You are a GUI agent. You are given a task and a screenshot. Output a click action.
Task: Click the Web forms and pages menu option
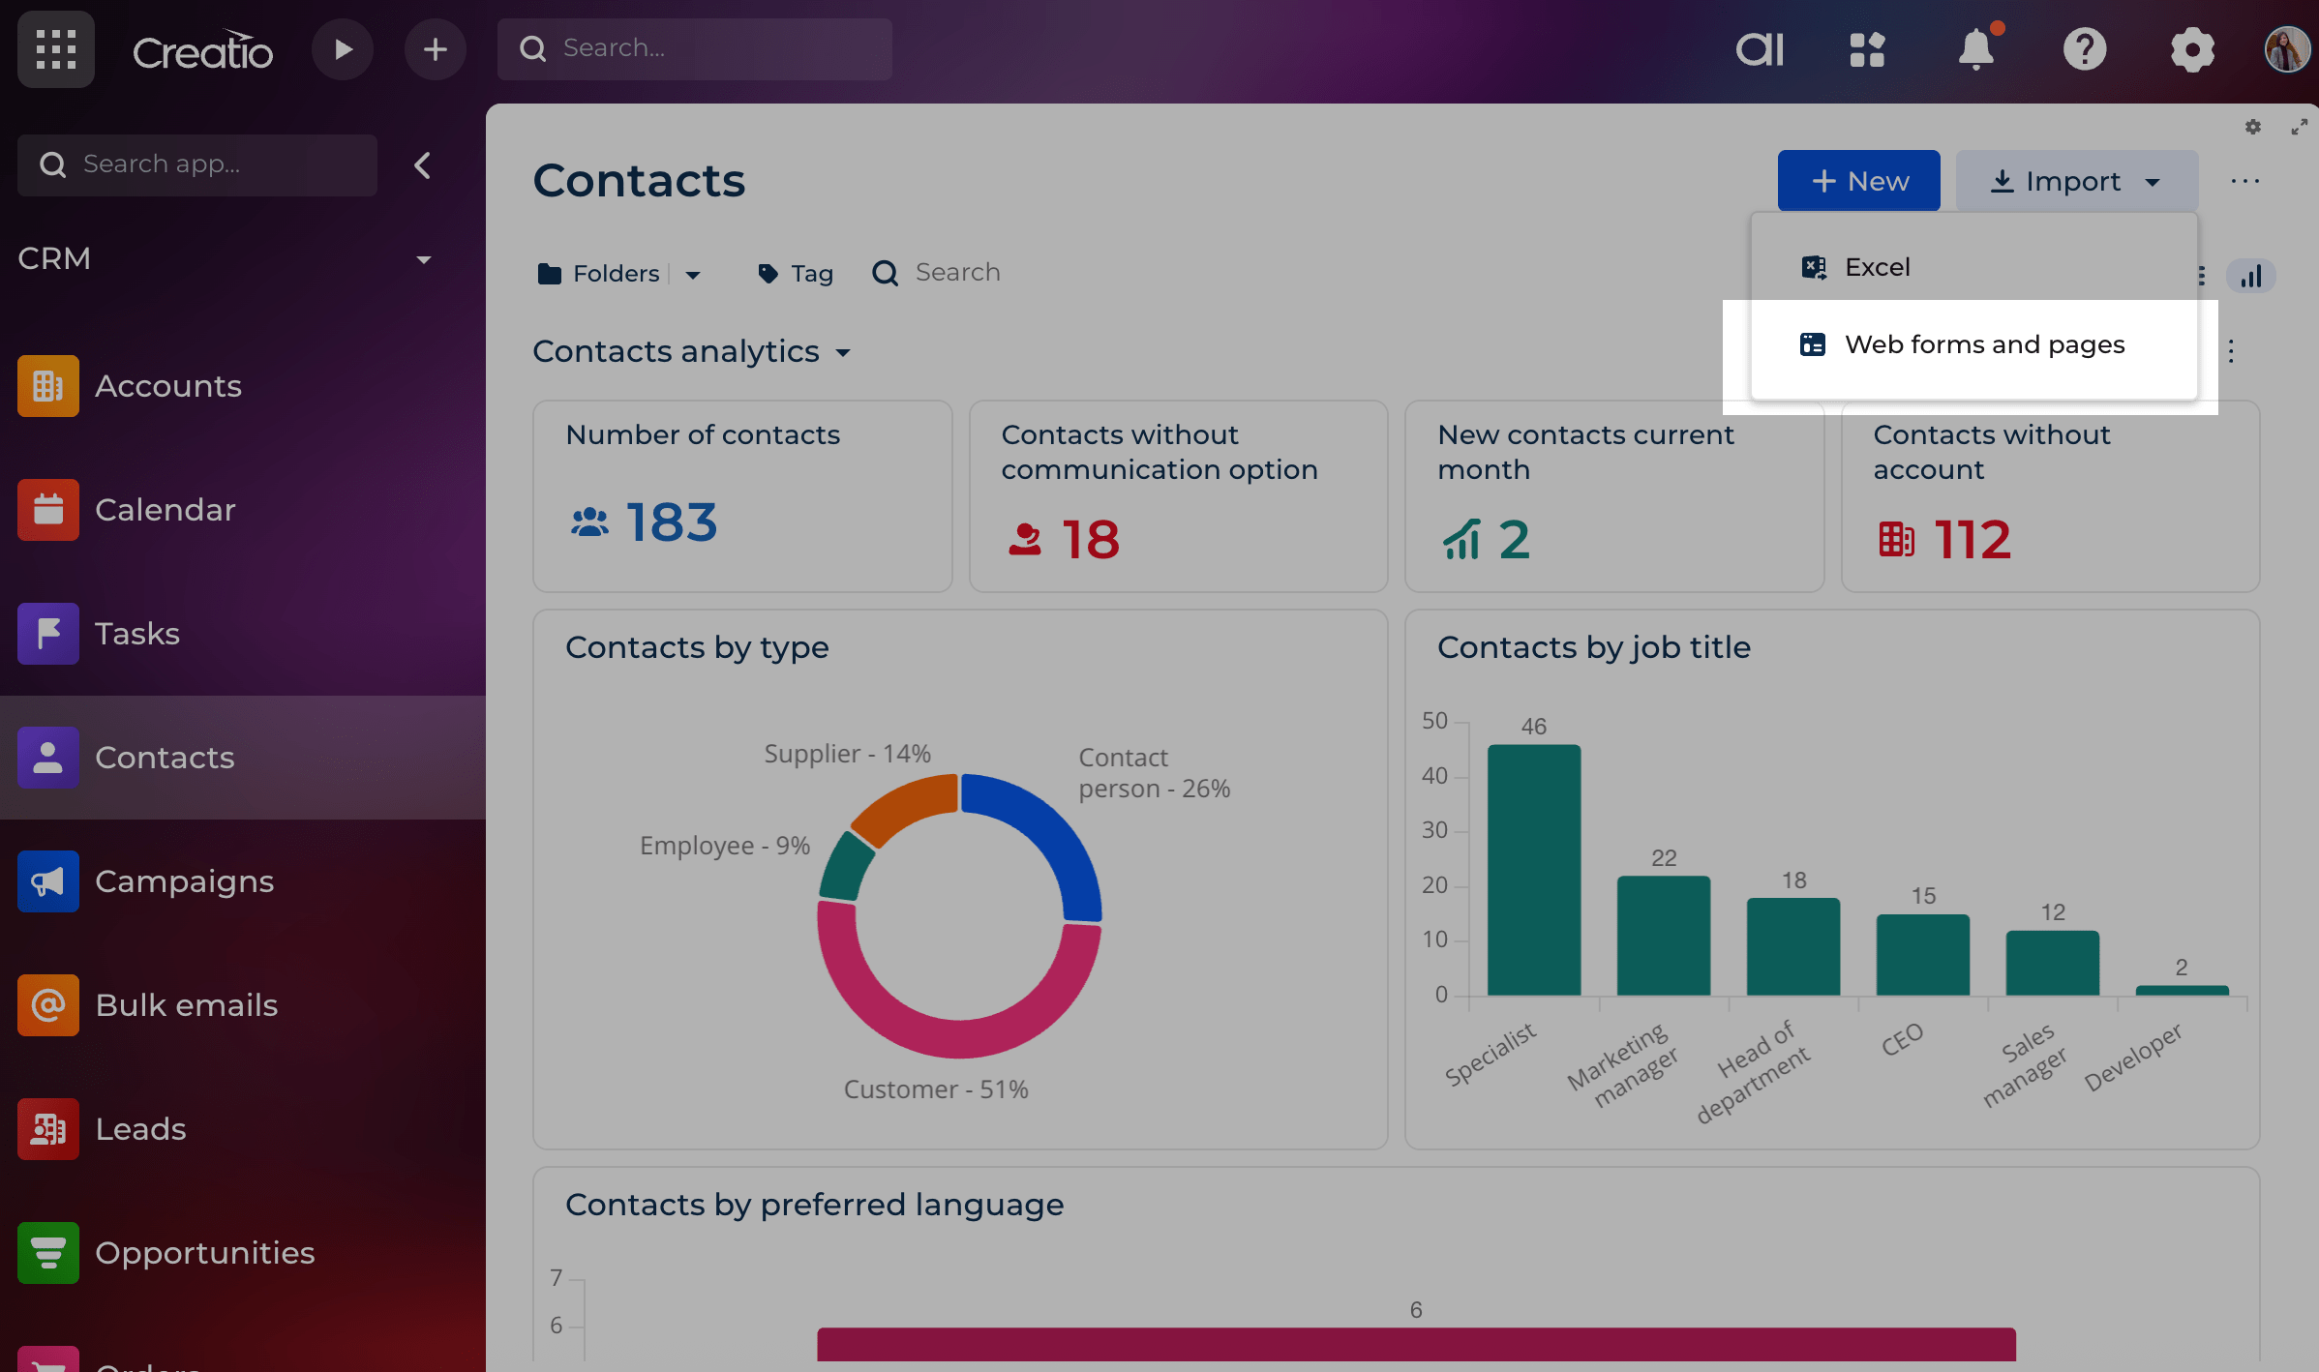pyautogui.click(x=1983, y=345)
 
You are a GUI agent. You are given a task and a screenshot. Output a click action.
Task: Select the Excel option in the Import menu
pyautogui.click(x=1876, y=268)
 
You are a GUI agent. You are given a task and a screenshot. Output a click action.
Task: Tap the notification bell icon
pyautogui.click(x=1975, y=49)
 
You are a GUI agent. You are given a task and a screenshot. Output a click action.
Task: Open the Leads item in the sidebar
pyautogui.click(x=140, y=1129)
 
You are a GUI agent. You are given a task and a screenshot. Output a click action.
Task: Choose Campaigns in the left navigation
pyautogui.click(x=184, y=881)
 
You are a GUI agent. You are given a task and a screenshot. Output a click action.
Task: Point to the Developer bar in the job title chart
pyautogui.click(x=2182, y=990)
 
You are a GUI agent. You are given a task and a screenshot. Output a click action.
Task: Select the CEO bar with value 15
pyautogui.click(x=1922, y=954)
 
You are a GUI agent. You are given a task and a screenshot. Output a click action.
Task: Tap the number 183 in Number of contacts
pyautogui.click(x=671, y=522)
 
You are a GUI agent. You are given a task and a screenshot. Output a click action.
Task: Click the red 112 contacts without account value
pyautogui.click(x=1972, y=540)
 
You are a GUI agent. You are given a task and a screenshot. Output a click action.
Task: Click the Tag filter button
pyautogui.click(x=796, y=274)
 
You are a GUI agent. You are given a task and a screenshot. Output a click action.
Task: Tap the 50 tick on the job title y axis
pyautogui.click(x=1434, y=721)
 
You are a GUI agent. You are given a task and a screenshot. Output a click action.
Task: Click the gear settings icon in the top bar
pyautogui.click(x=2191, y=49)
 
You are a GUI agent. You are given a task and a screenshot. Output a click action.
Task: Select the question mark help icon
pyautogui.click(x=2084, y=49)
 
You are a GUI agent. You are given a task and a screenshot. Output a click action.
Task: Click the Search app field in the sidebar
pyautogui.click(x=197, y=164)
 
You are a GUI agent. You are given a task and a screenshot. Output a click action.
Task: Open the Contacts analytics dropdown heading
pyautogui.click(x=691, y=352)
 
